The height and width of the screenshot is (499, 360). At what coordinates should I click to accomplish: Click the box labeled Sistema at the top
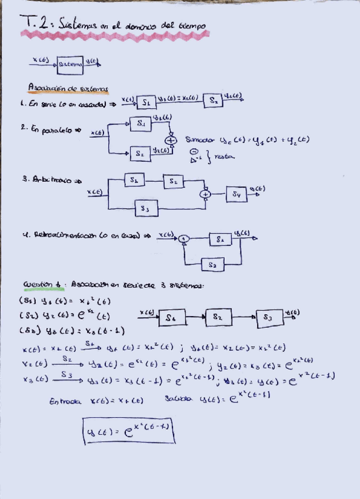coord(69,65)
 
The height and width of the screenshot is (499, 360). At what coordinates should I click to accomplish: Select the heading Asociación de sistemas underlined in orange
coord(67,88)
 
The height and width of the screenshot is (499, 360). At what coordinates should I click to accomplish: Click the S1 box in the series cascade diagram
coord(146,102)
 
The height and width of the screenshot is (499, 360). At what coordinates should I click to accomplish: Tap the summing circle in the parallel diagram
coord(171,140)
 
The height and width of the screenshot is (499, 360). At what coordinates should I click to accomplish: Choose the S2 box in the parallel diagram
coord(140,153)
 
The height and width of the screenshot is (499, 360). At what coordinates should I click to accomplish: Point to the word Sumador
coord(201,140)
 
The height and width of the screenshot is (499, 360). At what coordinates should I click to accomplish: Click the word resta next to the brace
coord(224,157)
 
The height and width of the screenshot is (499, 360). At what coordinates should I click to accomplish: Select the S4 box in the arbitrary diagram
coord(236,193)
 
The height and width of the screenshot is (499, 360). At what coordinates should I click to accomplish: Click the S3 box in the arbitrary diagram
coord(146,208)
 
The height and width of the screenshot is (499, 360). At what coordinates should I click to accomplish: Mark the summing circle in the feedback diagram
coord(184,238)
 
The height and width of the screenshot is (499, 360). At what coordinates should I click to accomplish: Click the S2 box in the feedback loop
coord(213,265)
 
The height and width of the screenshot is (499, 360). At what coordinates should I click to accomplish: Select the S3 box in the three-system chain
coord(268,317)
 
